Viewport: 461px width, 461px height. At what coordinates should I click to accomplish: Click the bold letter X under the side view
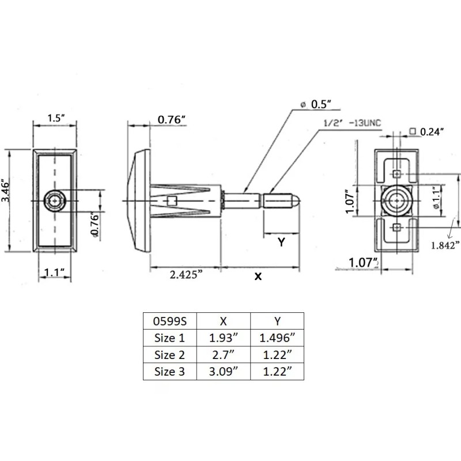258,277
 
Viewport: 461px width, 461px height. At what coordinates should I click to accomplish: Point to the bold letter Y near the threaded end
281,243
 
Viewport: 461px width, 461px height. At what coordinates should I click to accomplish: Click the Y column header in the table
277,320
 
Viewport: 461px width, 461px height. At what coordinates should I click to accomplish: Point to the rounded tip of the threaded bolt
296,200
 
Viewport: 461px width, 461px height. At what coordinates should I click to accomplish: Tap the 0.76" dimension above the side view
171,120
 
